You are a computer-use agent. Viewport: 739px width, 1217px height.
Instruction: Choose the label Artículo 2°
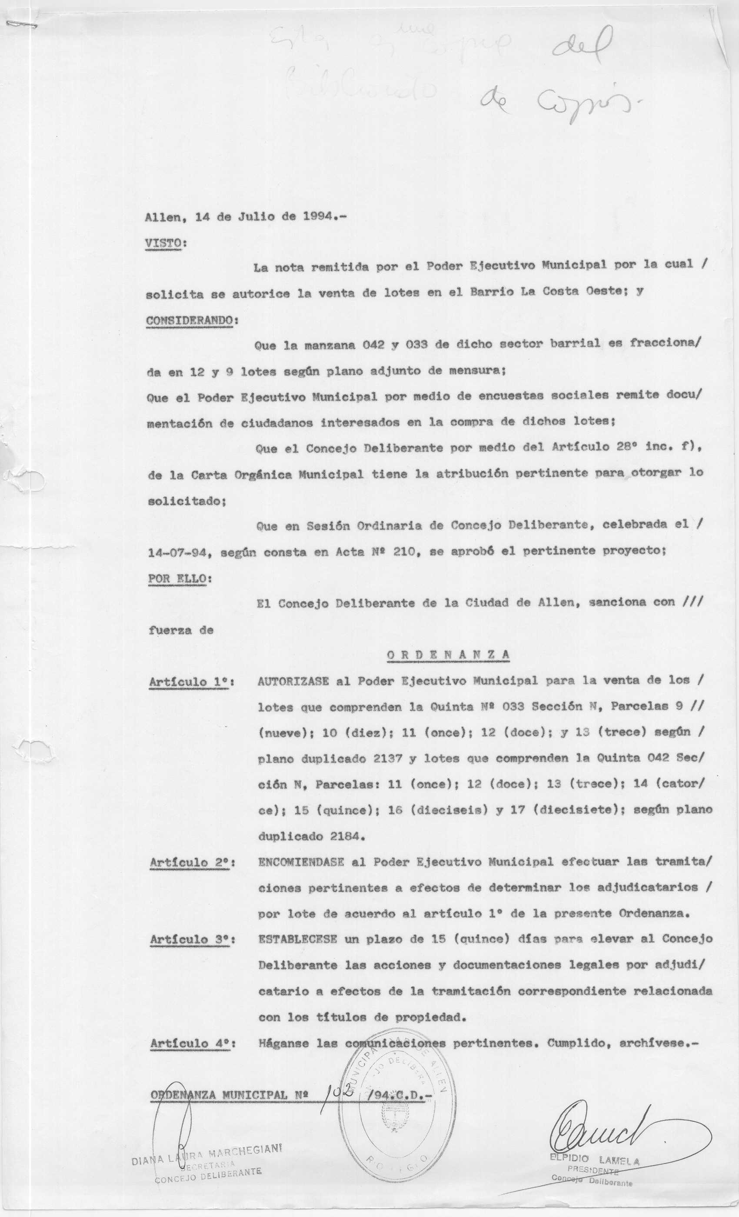191,862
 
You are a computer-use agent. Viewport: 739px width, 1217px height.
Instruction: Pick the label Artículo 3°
191,939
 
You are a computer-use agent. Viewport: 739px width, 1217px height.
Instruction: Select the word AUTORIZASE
293,681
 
